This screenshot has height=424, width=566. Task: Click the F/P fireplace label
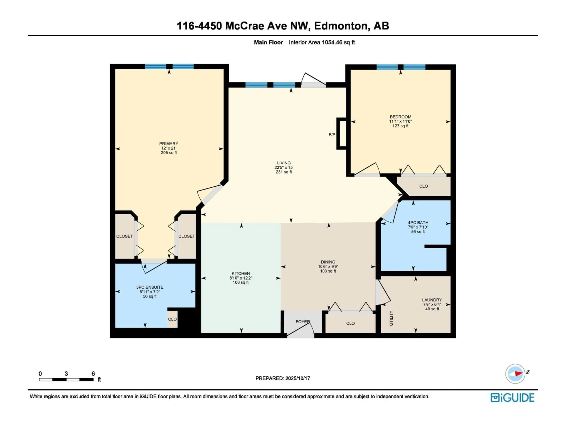332,135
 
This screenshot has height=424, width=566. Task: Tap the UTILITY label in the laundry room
391,318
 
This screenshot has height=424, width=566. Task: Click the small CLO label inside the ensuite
172,319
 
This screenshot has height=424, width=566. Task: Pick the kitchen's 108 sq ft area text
241,282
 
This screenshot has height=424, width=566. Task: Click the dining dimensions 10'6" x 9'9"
328,267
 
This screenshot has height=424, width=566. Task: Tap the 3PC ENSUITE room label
150,287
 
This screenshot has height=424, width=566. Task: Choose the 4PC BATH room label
418,223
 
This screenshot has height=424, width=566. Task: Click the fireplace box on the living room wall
341,133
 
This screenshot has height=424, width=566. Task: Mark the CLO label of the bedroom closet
423,186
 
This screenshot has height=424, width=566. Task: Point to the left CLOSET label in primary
124,236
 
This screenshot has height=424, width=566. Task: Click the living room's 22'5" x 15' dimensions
284,167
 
